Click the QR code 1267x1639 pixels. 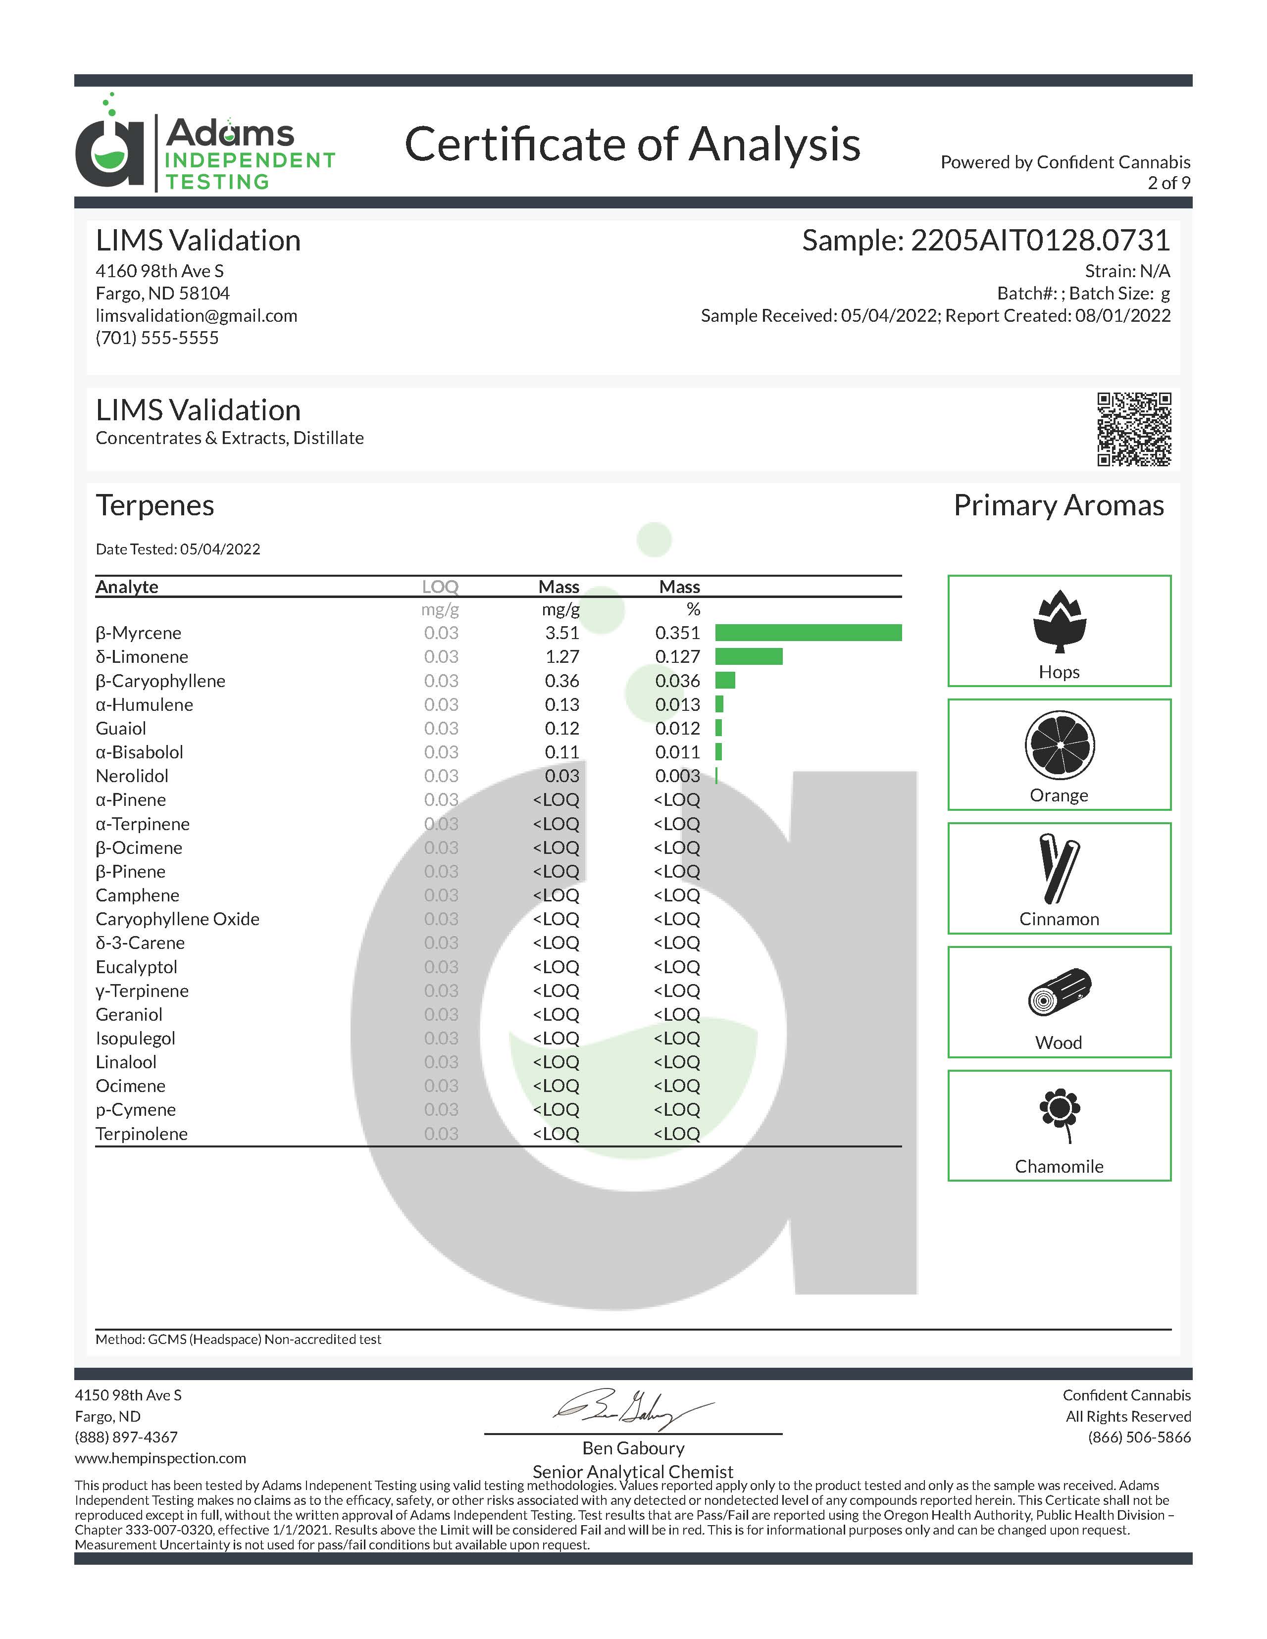[1133, 429]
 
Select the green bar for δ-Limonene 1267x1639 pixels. [748, 657]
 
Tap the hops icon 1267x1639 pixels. [1059, 621]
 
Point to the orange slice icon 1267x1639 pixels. [1059, 745]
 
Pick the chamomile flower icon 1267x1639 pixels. [1059, 1114]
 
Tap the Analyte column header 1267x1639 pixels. [127, 587]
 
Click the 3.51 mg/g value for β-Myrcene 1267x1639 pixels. [561, 633]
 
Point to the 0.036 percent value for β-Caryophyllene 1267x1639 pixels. [677, 681]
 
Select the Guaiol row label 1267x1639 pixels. [121, 728]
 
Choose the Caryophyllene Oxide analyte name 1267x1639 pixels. [177, 919]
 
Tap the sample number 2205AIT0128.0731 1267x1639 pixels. [1040, 240]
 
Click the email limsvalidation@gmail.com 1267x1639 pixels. [196, 315]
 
